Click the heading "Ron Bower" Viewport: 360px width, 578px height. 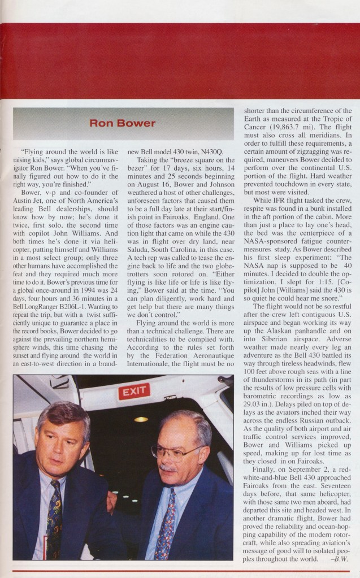(x=123, y=123)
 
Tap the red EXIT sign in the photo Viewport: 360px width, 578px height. (x=133, y=391)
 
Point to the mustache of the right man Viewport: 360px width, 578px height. (x=168, y=468)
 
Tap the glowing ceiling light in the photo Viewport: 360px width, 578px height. (x=141, y=419)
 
